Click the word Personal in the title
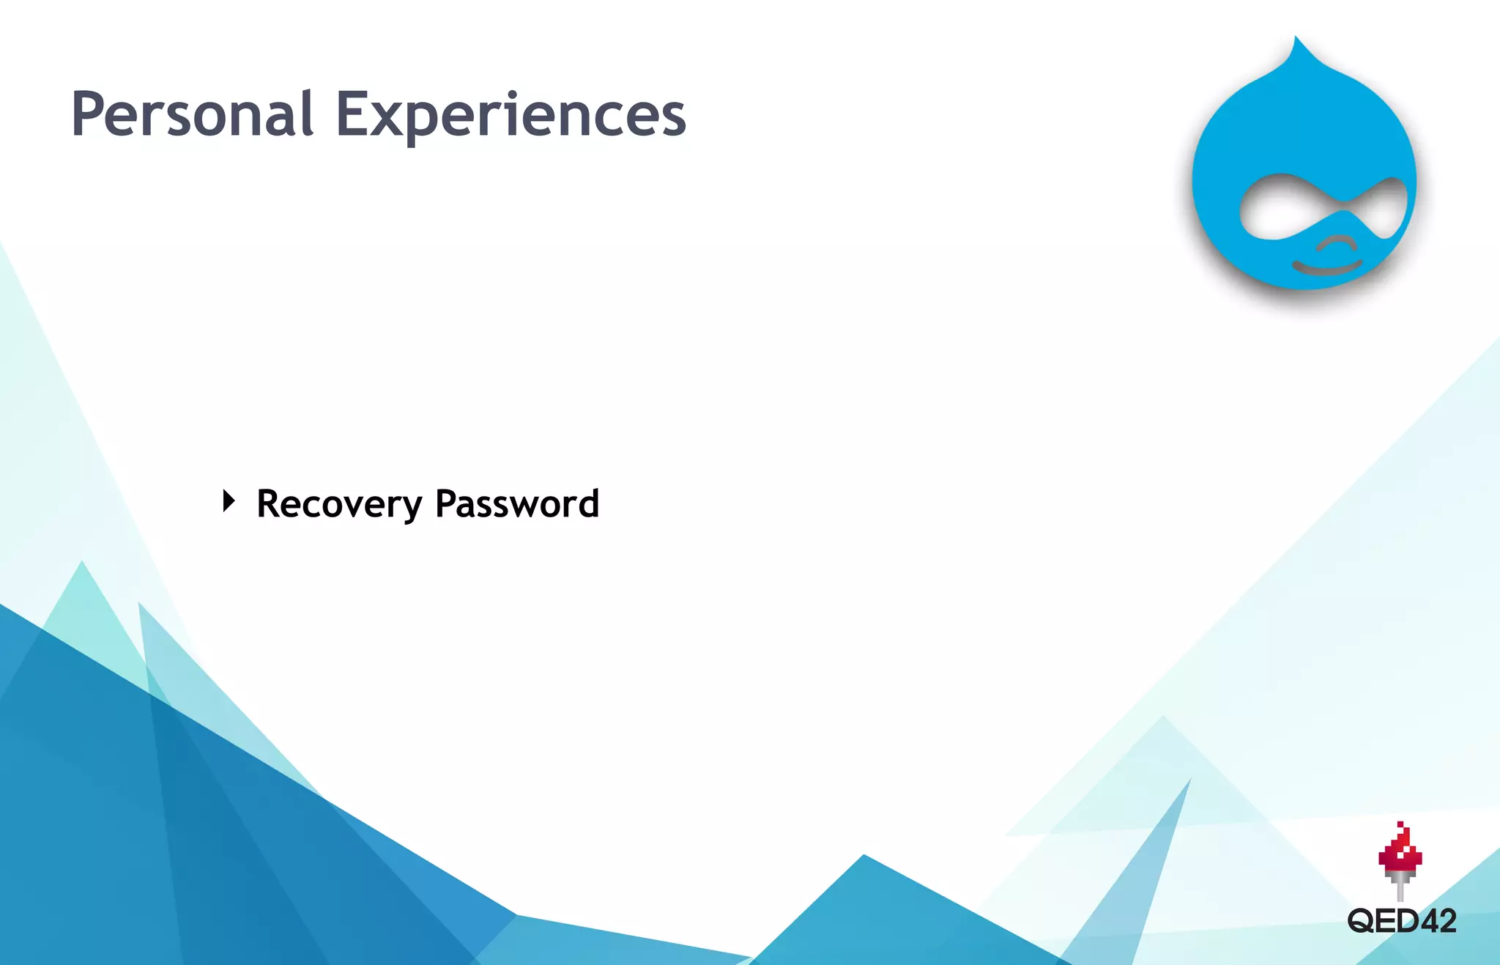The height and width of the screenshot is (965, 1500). pyautogui.click(x=193, y=114)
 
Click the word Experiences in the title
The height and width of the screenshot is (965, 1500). pyautogui.click(x=510, y=114)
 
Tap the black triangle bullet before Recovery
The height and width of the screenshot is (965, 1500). pyautogui.click(x=229, y=502)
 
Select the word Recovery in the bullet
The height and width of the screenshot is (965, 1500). pyautogui.click(x=339, y=504)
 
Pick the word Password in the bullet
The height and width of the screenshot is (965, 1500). pyautogui.click(x=517, y=504)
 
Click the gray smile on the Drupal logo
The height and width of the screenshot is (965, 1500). pyautogui.click(x=1326, y=267)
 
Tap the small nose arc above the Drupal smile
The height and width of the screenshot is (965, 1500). pyautogui.click(x=1337, y=242)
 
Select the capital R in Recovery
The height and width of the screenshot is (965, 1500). pyautogui.click(x=269, y=504)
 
